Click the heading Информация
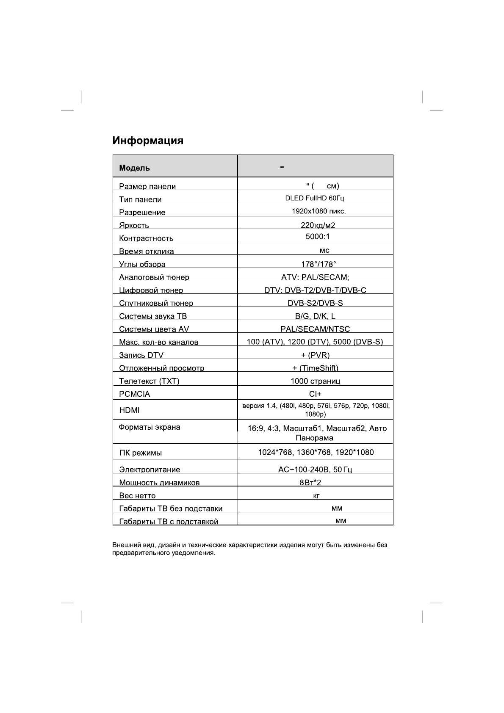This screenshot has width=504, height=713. pyautogui.click(x=148, y=141)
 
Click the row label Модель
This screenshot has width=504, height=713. pyautogui.click(x=134, y=168)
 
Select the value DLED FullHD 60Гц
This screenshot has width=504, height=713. pyautogui.click(x=315, y=198)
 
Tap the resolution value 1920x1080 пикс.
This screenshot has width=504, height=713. pyautogui.click(x=316, y=211)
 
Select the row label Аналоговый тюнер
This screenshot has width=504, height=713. pyautogui.click(x=154, y=277)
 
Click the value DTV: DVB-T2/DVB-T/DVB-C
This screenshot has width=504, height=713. pyautogui.click(x=315, y=290)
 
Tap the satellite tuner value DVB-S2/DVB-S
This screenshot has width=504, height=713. pyautogui.click(x=315, y=303)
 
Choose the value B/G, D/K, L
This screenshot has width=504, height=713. pyautogui.click(x=315, y=316)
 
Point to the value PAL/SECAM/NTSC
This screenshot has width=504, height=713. pyautogui.click(x=315, y=329)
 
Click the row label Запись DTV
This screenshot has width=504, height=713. pyautogui.click(x=141, y=355)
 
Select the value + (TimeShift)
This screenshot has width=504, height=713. pyautogui.click(x=316, y=368)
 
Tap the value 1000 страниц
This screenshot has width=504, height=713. pyautogui.click(x=316, y=381)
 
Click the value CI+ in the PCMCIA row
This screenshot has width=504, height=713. pyautogui.click(x=316, y=394)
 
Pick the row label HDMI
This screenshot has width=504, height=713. pyautogui.click(x=129, y=410)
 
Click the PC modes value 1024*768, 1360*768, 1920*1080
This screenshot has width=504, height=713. pyautogui.click(x=316, y=452)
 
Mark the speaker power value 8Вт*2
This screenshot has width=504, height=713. pyautogui.click(x=310, y=482)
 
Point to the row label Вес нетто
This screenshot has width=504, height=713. pyautogui.click(x=137, y=495)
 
